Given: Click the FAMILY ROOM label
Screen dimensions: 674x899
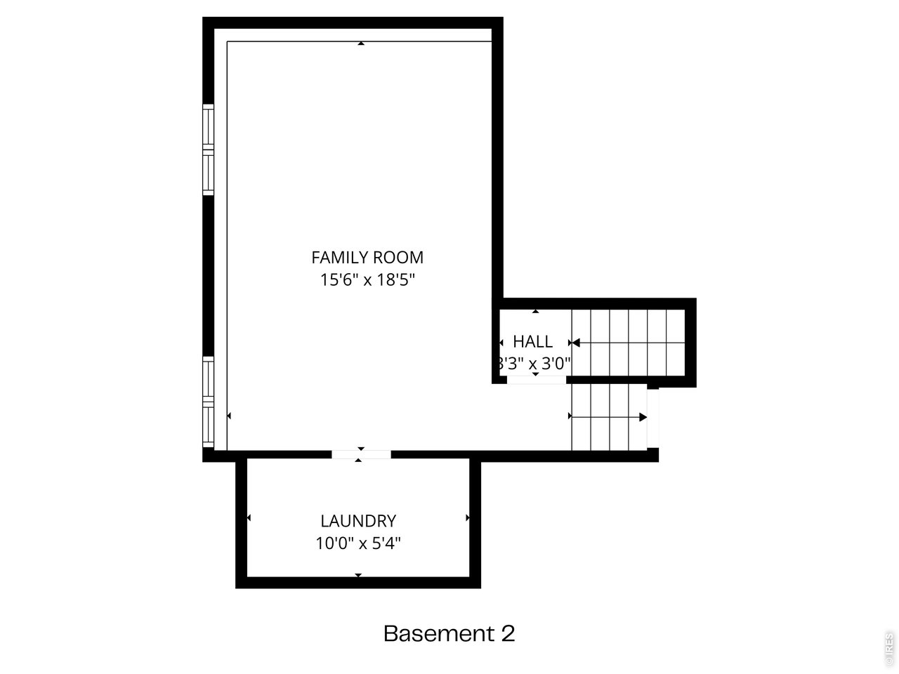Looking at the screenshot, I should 367,257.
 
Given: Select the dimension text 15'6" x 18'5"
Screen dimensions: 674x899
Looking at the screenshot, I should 367,280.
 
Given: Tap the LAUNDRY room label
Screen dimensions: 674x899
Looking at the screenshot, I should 358,521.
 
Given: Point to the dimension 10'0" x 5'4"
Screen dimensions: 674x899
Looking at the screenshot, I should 358,543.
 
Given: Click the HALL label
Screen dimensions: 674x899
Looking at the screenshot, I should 532,342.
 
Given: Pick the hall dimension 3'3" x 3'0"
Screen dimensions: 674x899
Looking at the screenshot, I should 534,364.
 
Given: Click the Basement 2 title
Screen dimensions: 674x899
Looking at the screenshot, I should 449,634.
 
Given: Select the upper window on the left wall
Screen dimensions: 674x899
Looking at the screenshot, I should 208,149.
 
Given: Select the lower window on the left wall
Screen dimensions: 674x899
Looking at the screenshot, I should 208,402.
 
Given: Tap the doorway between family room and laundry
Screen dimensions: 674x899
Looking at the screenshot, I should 361,454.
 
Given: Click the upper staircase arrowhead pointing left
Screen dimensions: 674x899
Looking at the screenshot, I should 575,343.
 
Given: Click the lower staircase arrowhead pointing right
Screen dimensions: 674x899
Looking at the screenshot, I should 643,417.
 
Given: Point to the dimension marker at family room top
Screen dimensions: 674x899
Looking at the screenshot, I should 361,44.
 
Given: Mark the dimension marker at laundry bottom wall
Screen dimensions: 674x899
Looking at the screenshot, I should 358,575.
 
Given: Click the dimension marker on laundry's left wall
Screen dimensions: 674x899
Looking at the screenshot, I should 249,518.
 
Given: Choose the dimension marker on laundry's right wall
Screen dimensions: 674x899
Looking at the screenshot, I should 468,518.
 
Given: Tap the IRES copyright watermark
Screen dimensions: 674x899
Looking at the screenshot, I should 889,649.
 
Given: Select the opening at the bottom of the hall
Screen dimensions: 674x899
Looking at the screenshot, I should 536,380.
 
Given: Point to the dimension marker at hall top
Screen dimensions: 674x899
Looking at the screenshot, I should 536,311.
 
